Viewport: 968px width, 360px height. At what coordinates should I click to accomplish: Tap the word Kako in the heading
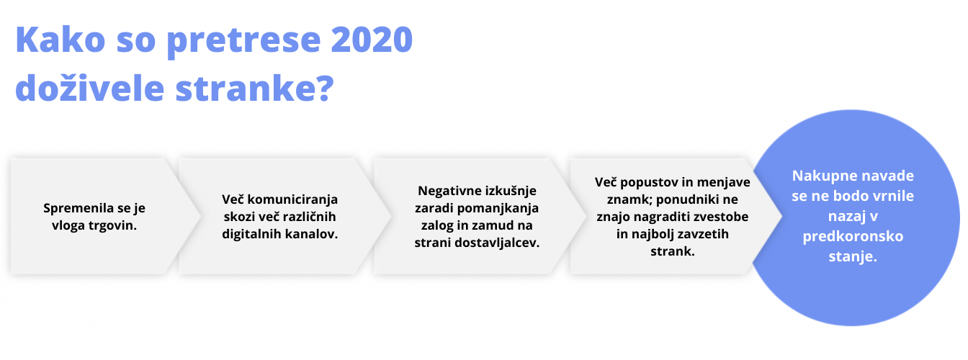60,40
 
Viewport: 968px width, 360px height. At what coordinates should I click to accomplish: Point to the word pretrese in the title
243,42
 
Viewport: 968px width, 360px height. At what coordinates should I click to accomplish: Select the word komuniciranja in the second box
292,199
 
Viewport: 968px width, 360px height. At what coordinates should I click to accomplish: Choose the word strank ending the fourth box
673,251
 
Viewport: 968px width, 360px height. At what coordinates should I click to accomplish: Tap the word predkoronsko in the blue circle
853,237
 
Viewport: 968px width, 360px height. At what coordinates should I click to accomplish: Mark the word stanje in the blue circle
853,257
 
